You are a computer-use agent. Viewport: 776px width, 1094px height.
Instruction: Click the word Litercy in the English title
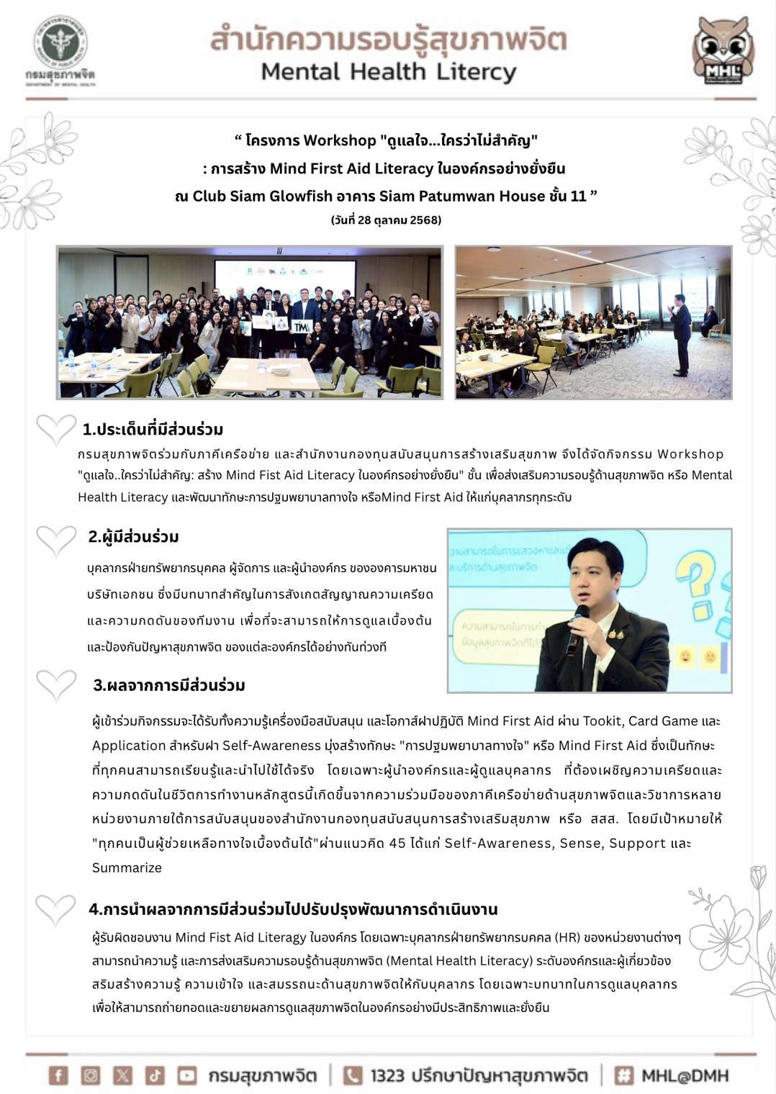coord(475,72)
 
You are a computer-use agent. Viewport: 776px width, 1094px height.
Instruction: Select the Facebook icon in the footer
coord(58,1075)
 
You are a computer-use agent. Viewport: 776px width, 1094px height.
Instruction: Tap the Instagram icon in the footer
coord(91,1075)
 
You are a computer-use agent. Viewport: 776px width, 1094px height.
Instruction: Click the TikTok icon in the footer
coord(155,1075)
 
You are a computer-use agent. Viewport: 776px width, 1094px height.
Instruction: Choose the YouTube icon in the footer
coord(187,1075)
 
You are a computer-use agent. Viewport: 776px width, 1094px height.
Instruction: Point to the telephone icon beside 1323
coord(352,1075)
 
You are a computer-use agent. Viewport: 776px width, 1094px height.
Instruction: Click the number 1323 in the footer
coord(387,1076)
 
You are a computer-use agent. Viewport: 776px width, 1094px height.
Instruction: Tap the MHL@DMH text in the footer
coord(685,1076)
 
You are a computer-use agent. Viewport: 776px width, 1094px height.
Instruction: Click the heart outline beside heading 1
coord(55,430)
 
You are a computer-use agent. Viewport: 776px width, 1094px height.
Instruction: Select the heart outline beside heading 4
coord(55,910)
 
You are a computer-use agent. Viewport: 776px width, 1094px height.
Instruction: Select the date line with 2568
coord(386,220)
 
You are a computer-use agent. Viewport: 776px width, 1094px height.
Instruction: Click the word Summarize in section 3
coord(127,868)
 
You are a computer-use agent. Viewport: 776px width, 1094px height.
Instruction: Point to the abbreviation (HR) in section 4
coord(567,938)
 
